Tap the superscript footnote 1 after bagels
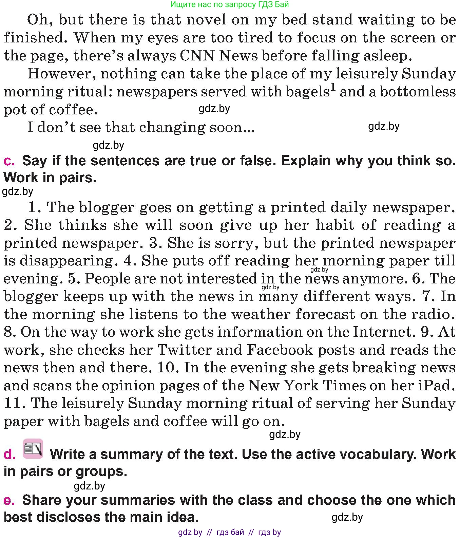point(333,88)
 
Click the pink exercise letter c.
point(9,161)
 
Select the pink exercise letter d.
point(9,454)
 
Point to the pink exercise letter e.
point(9,500)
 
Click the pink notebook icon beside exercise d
point(33,449)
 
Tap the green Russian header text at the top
point(230,4)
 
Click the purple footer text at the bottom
point(230,532)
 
